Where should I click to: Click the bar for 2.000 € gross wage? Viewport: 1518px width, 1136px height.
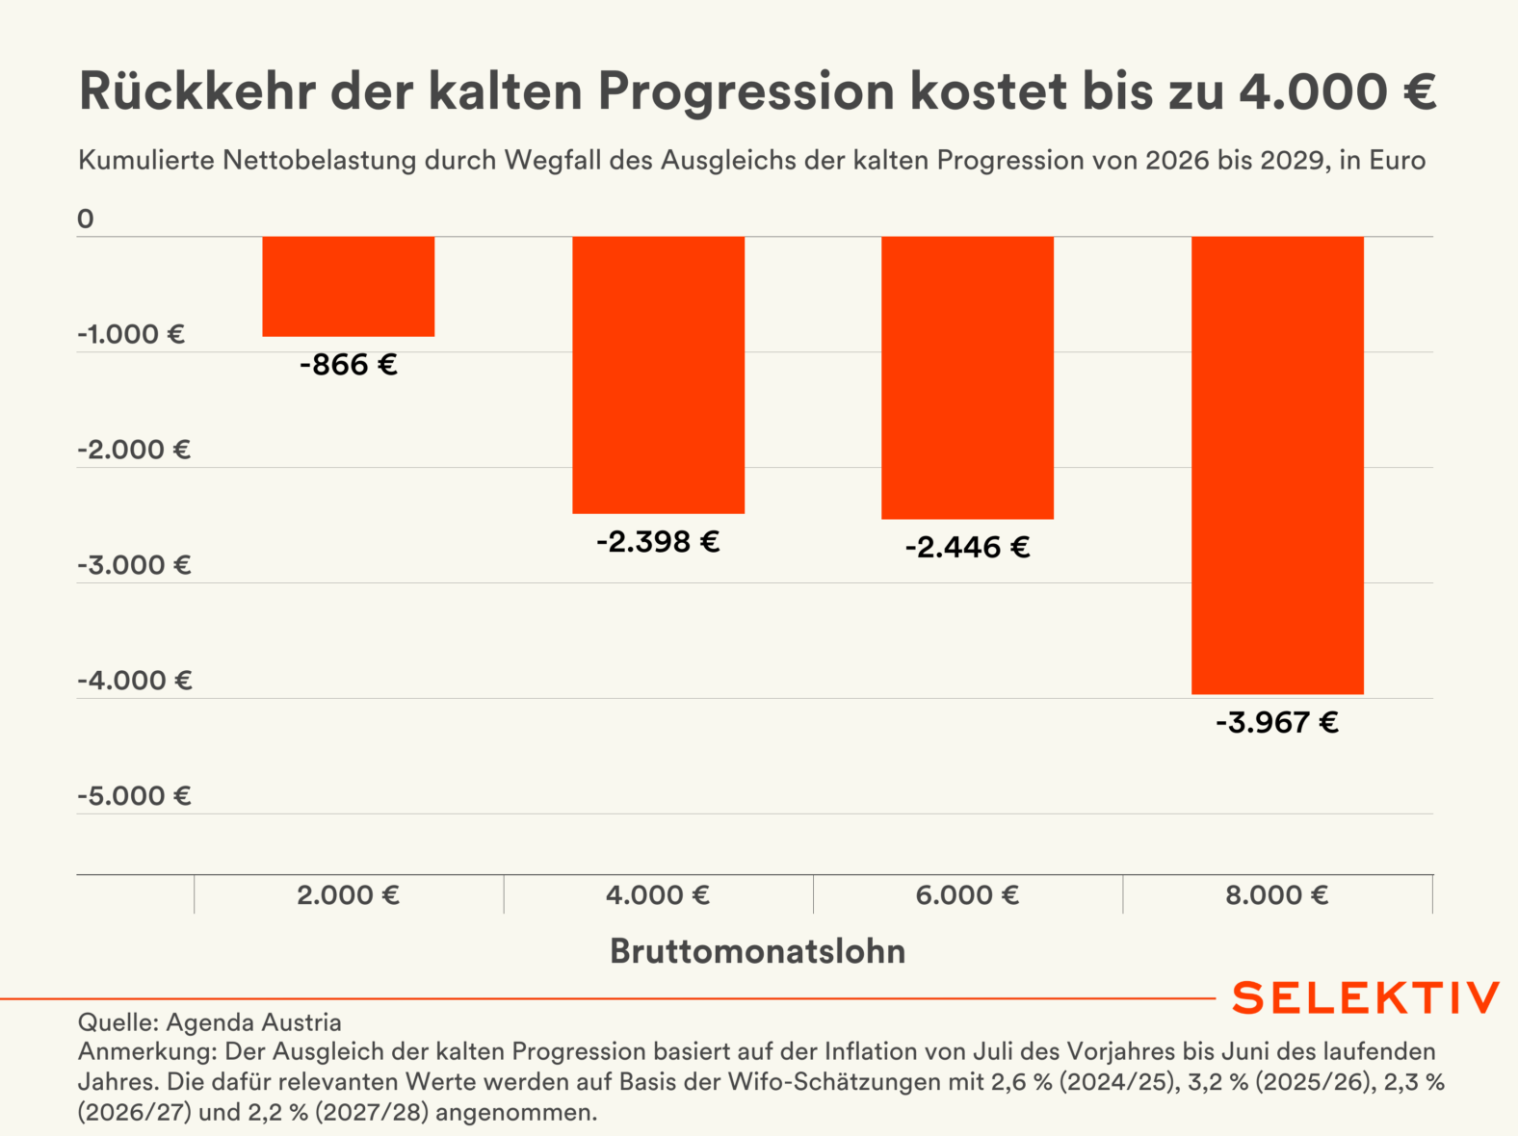[349, 286]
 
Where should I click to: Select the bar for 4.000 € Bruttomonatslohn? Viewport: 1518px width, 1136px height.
[658, 374]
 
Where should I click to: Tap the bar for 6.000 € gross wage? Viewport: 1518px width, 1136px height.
[967, 377]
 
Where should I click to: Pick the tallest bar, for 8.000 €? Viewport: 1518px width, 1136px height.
[1277, 465]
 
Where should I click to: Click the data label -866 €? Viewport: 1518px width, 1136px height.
[349, 365]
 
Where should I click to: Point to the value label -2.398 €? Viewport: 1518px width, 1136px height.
[658, 542]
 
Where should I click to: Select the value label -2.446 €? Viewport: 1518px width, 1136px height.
[967, 548]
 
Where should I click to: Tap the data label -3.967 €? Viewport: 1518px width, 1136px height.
[1277, 723]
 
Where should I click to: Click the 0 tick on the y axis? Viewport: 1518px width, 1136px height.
[86, 219]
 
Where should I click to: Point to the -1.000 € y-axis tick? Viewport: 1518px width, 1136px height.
[131, 335]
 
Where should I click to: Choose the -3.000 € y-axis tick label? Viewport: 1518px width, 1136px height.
[134, 565]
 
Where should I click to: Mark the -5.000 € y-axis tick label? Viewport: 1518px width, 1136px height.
[134, 796]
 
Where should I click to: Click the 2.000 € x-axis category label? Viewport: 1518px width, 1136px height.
[349, 895]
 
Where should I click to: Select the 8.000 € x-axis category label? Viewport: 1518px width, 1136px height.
[1277, 895]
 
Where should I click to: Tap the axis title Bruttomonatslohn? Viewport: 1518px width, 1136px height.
[758, 951]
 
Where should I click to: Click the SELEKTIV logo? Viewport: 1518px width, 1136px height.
[1366, 998]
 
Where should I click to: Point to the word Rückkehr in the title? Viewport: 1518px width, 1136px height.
[197, 92]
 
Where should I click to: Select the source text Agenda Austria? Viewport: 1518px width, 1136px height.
[253, 1022]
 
